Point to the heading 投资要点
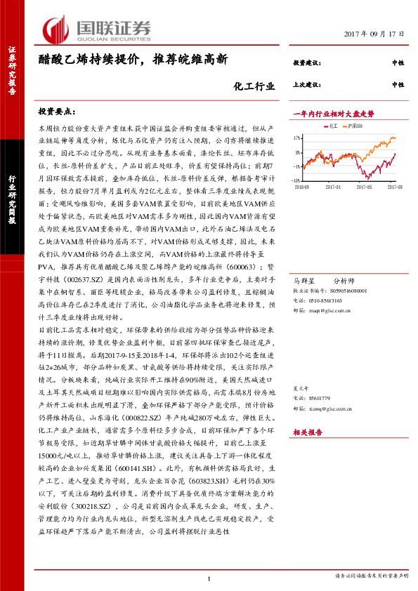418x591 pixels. pos(57,112)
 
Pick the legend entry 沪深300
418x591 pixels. pos(355,125)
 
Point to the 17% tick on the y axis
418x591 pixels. pos(297,138)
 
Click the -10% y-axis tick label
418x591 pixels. pos(296,166)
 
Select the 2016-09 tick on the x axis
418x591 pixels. pos(302,187)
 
